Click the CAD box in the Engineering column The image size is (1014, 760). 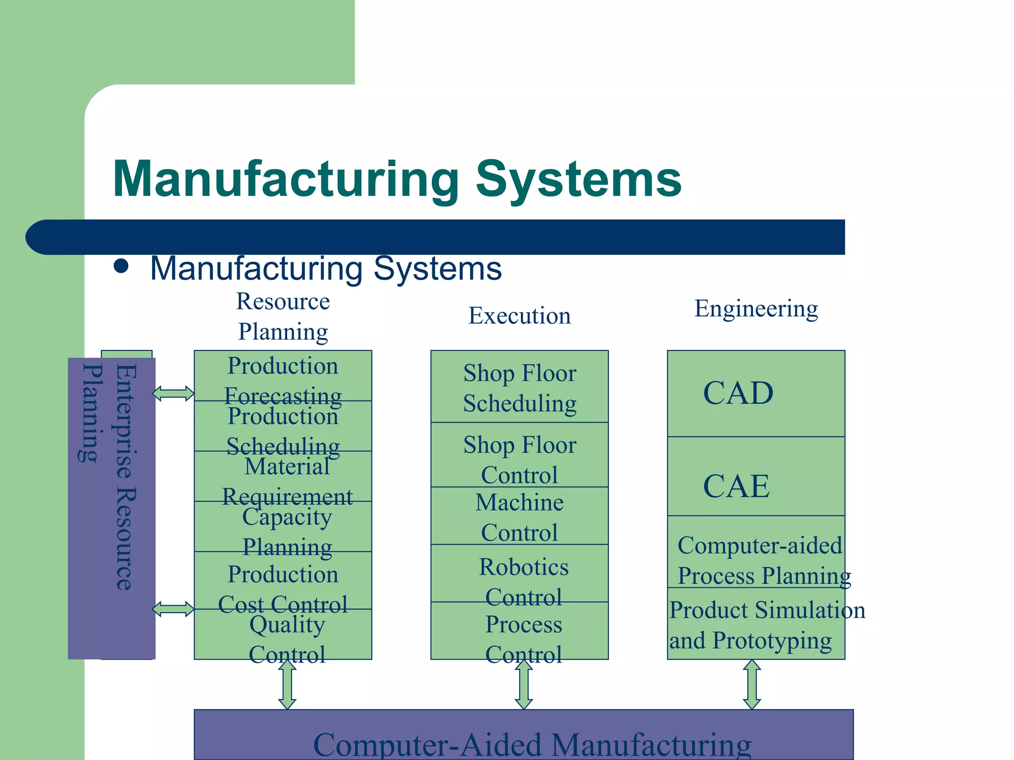(756, 393)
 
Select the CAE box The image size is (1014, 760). (756, 476)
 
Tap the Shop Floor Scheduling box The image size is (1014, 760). (519, 386)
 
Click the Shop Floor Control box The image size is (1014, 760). (519, 455)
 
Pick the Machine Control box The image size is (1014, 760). (519, 516)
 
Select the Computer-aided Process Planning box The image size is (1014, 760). (756, 552)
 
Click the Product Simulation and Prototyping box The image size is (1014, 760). (756, 623)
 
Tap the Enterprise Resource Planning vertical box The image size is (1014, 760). (111, 508)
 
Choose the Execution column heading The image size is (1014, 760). (519, 316)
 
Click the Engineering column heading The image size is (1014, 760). (756, 309)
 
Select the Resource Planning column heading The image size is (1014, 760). (283, 316)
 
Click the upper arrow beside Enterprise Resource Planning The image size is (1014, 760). (173, 393)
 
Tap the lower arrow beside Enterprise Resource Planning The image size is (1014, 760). (173, 609)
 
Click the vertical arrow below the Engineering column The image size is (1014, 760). (752, 684)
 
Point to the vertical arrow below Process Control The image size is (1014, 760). (523, 684)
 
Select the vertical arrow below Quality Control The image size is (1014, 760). (287, 684)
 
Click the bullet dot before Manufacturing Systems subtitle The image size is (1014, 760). (121, 266)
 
